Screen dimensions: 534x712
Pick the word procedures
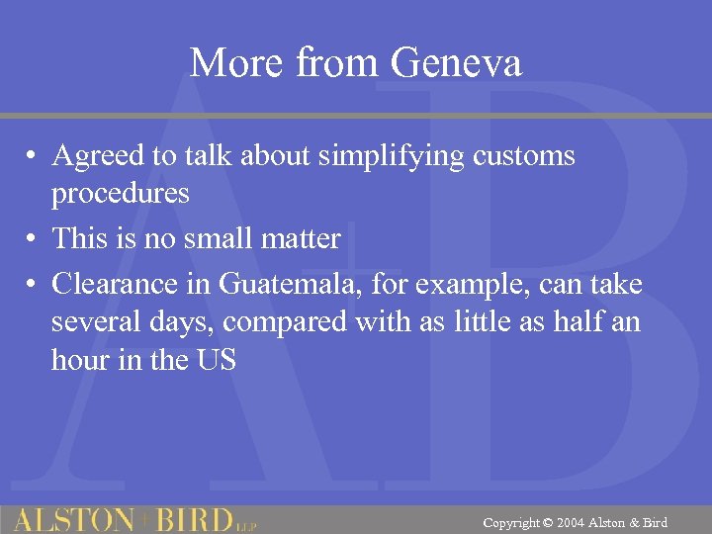coord(120,193)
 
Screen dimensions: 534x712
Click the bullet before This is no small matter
coord(33,239)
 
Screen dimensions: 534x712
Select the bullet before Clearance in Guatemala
coord(33,286)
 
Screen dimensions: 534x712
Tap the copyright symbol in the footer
coord(548,522)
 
